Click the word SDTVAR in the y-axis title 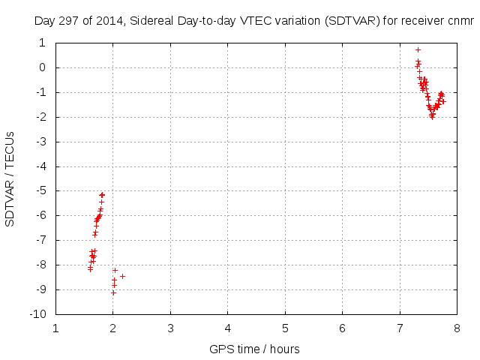tap(10, 202)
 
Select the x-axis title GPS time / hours tap(254, 349)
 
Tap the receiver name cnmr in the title tap(460, 21)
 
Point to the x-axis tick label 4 tap(228, 328)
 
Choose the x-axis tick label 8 tap(457, 328)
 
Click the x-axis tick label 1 tap(56, 328)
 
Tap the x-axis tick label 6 tap(342, 328)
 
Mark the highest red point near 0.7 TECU tap(418, 49)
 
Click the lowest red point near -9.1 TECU tap(113, 292)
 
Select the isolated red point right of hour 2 tap(122, 276)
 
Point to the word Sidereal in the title tap(152, 21)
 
